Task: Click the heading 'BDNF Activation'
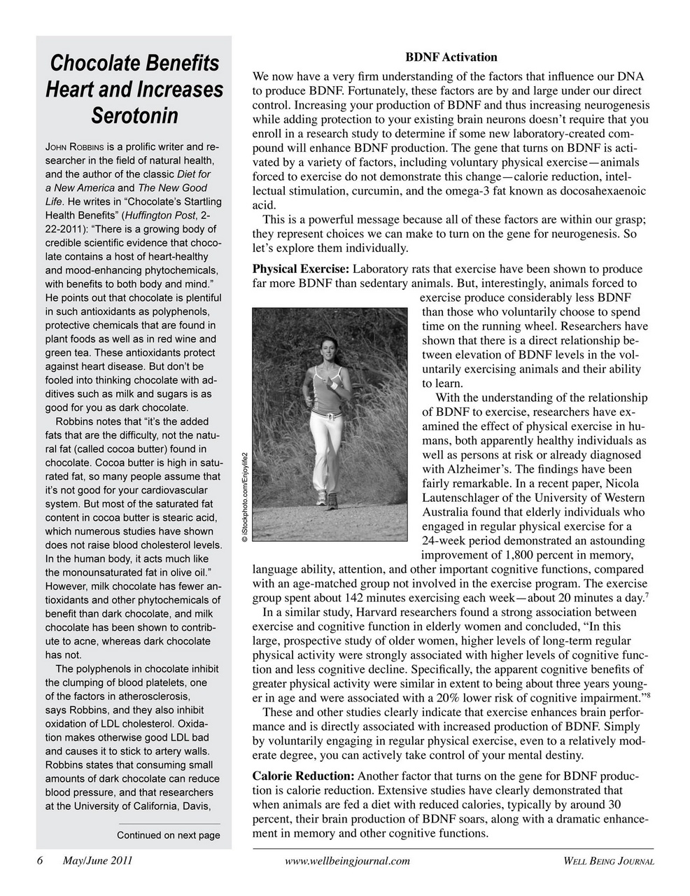click(x=451, y=57)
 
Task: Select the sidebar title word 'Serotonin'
click(x=134, y=115)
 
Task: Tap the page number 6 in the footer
click(x=41, y=860)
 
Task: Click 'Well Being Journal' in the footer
click(x=608, y=861)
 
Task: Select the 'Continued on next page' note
click(x=168, y=835)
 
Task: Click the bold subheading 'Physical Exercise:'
click(x=301, y=269)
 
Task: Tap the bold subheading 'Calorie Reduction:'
click(x=303, y=776)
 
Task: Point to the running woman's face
click(x=328, y=348)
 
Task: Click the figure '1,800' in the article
click(x=530, y=555)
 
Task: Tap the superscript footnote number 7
click(x=645, y=594)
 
